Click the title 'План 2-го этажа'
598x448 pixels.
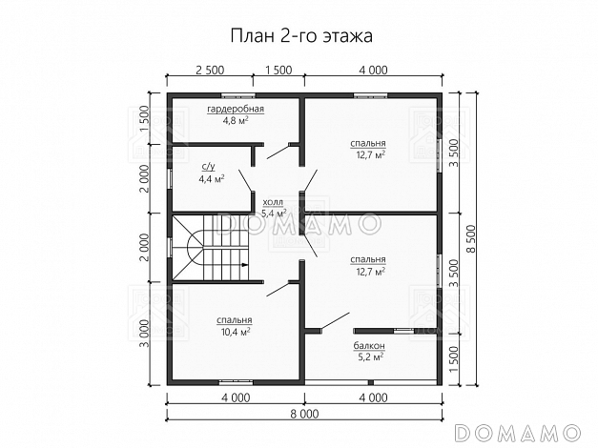coord(300,35)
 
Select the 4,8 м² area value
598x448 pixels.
coord(236,122)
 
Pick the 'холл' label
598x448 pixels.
coord(273,202)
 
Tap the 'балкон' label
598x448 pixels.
coord(368,345)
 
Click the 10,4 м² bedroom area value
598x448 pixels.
coord(235,333)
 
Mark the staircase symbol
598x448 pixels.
coord(210,247)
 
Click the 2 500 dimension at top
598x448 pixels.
coord(210,71)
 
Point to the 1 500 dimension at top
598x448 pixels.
coord(278,71)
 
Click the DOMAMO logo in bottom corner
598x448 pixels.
coord(521,430)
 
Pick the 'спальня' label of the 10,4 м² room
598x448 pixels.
coord(234,320)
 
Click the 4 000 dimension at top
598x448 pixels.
coord(373,71)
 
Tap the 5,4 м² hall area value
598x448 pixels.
coord(274,214)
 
